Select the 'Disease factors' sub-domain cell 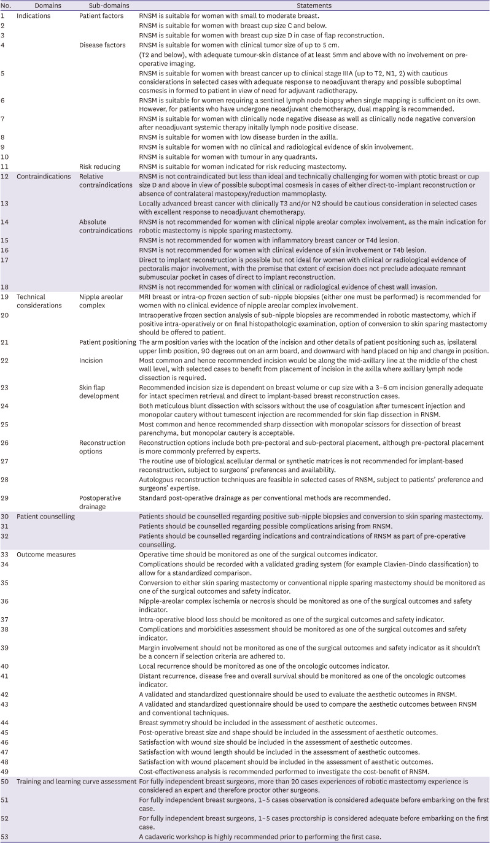tap(103, 45)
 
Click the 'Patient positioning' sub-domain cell tap(107, 341)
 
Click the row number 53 tap(5, 836)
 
